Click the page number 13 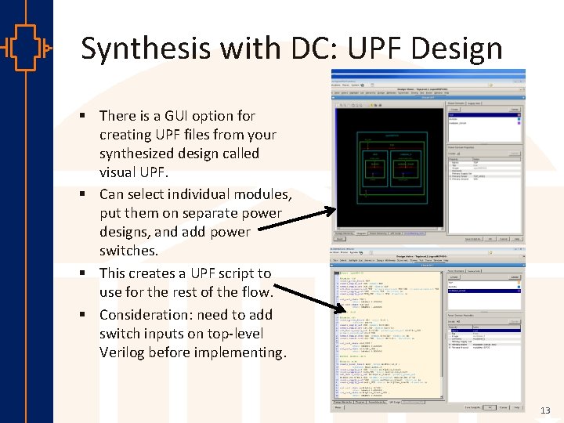click(x=545, y=410)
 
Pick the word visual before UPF click(x=120, y=172)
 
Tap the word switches click(x=128, y=251)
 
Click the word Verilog click(x=125, y=352)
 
